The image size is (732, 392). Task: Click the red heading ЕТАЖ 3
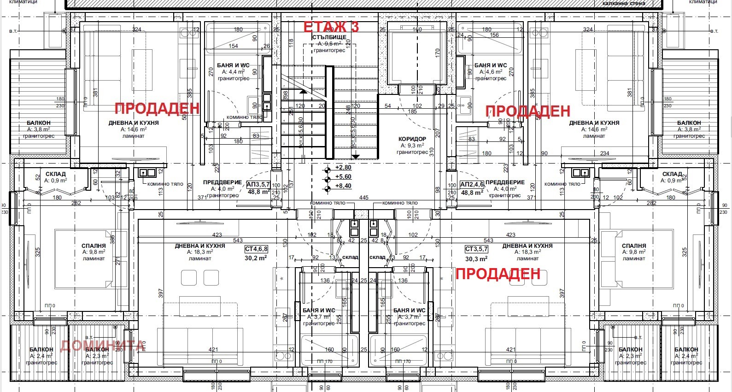click(x=331, y=27)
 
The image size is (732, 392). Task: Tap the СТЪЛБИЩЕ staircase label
click(x=329, y=37)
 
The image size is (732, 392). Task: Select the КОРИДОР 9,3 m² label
click(x=412, y=139)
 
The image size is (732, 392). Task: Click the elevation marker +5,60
click(x=343, y=177)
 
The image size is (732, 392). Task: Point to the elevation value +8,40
click(x=343, y=186)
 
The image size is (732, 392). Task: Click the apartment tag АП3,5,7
click(x=258, y=185)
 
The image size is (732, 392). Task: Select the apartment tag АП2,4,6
click(x=472, y=185)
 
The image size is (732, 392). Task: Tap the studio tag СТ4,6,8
click(x=256, y=249)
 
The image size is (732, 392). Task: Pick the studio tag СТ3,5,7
click(x=476, y=249)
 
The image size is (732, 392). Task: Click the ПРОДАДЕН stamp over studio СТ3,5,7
click(x=498, y=274)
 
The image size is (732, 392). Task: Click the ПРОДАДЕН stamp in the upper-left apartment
click(x=157, y=108)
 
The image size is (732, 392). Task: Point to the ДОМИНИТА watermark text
click(x=102, y=345)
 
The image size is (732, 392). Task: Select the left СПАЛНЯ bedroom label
click(x=94, y=246)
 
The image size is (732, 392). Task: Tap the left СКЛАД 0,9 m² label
click(x=56, y=174)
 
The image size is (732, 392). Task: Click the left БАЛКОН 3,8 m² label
click(x=39, y=123)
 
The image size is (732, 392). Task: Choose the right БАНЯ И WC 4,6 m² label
click(x=491, y=65)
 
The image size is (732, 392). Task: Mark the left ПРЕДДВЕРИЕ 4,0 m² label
click(x=222, y=182)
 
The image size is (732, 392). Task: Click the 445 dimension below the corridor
click(x=364, y=198)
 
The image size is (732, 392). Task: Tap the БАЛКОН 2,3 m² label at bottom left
click(x=97, y=350)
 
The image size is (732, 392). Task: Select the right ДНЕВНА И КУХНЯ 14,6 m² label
click(x=594, y=123)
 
